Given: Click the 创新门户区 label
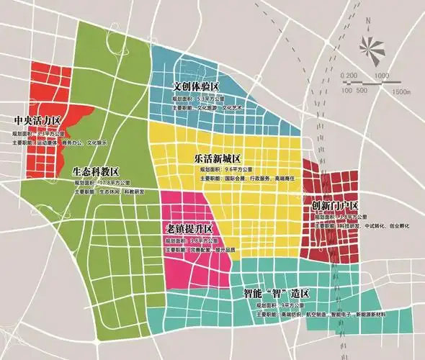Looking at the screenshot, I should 334,207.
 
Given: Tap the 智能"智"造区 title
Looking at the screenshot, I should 277,294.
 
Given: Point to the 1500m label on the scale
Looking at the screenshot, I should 401,91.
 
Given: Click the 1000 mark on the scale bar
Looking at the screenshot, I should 382,76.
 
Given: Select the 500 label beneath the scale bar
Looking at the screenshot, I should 361,90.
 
